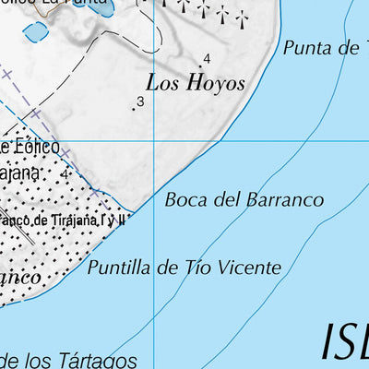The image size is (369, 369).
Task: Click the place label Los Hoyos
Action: click(x=199, y=84)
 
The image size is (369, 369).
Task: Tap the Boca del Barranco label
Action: click(x=244, y=199)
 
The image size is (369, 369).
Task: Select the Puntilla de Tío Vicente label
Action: click(x=184, y=268)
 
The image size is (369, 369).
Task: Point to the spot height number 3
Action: click(x=140, y=101)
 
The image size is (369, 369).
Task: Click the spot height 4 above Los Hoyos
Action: click(x=207, y=59)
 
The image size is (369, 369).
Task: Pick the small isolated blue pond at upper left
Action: click(x=36, y=32)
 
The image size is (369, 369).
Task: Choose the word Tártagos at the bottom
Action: click(x=102, y=360)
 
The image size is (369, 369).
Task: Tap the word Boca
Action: click(x=184, y=199)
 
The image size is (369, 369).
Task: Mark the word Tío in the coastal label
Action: click(x=193, y=268)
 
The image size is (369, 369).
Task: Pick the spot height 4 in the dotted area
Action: click(x=65, y=173)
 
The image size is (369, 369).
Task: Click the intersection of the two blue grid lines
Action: click(x=154, y=141)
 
